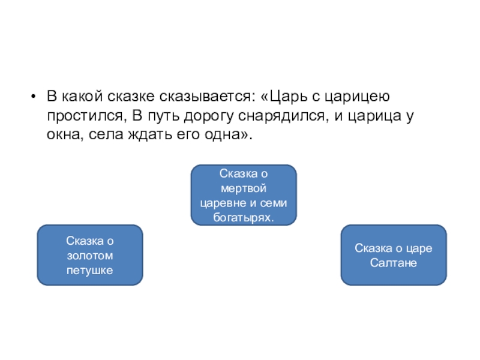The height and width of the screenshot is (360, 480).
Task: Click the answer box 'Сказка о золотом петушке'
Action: pos(90,255)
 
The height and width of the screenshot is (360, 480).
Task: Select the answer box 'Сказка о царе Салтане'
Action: pos(394,255)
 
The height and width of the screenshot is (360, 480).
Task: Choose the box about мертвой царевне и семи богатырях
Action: pos(244,195)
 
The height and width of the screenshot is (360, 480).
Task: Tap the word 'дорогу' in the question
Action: pos(207,116)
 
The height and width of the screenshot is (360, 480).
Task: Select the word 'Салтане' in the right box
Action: pos(394,263)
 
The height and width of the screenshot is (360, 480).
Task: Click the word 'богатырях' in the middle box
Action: pos(243,217)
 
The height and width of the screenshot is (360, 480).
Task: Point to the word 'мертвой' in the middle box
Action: pos(244,188)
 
